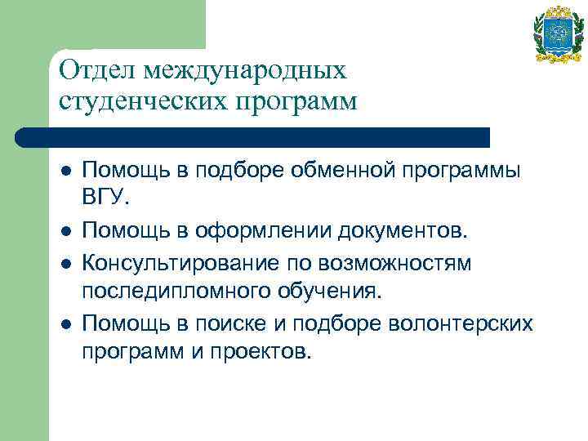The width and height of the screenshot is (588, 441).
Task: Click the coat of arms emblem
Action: [x=559, y=34]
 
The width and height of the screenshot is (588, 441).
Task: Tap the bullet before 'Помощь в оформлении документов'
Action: [x=65, y=233]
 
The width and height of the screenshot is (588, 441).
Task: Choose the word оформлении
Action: [x=252, y=233]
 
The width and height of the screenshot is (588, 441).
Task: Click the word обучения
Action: [x=324, y=293]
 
